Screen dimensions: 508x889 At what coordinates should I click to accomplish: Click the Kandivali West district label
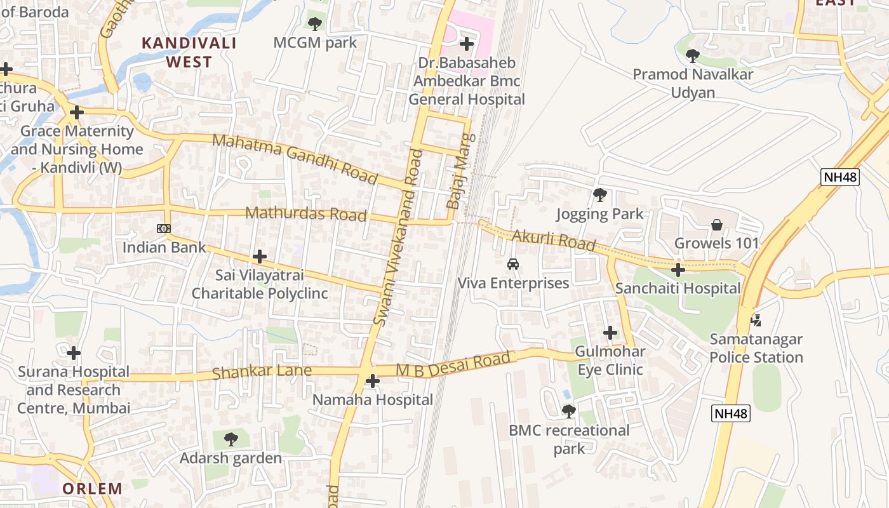(189, 52)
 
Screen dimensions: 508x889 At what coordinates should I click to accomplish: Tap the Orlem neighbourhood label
(92, 488)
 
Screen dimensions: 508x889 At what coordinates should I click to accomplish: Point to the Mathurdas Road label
(306, 214)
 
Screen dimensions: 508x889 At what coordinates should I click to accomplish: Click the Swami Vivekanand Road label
(398, 237)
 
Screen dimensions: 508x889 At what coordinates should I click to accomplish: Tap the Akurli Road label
(553, 241)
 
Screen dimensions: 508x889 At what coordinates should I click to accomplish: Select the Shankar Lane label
(262, 371)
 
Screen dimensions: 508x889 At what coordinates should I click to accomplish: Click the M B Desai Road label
(453, 365)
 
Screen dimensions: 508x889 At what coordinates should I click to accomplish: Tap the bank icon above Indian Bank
(164, 229)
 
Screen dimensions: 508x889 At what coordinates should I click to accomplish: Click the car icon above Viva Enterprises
(513, 264)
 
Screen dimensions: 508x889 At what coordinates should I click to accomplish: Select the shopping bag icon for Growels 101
(717, 225)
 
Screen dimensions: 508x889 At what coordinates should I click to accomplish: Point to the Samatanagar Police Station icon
(756, 320)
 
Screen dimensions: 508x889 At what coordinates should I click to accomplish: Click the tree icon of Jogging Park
(599, 195)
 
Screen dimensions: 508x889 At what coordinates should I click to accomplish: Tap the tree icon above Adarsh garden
(231, 439)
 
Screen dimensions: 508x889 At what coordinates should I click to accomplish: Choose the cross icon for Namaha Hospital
(373, 381)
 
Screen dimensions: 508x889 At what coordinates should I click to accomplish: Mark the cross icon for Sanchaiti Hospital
(678, 270)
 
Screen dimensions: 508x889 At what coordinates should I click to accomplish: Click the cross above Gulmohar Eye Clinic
(610, 333)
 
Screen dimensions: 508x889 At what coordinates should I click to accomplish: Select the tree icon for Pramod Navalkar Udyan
(693, 56)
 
